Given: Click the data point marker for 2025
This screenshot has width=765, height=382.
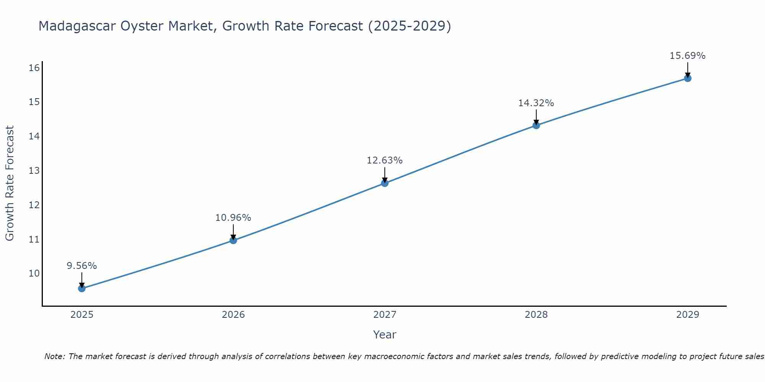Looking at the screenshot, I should click(82, 288).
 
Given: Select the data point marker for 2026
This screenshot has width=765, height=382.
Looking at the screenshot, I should click(233, 240).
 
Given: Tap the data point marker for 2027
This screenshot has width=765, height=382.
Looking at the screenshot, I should click(385, 183).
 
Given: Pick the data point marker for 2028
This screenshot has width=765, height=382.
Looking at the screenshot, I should click(536, 125).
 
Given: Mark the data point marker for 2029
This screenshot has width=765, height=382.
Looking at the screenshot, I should click(688, 78).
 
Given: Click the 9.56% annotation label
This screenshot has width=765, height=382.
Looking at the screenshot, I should click(82, 266).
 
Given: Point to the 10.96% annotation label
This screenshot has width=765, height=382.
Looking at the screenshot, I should click(233, 218).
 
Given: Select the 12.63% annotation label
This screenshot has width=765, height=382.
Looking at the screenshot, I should click(385, 160).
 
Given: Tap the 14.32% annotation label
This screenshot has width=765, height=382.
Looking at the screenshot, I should click(536, 103).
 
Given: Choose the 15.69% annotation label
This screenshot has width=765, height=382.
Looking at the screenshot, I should click(688, 56).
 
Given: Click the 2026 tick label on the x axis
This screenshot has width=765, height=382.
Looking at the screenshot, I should click(233, 315).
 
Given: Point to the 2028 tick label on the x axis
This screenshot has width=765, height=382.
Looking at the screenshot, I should click(536, 315).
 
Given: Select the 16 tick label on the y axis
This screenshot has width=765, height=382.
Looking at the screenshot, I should click(34, 68).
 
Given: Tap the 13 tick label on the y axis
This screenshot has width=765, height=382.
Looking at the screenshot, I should click(34, 170).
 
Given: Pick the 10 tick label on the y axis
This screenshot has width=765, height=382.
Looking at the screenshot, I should click(34, 273).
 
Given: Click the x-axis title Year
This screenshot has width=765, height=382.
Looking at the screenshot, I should click(385, 335).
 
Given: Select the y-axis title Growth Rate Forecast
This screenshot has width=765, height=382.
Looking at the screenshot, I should click(10, 183).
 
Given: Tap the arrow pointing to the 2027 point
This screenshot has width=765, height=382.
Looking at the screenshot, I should click(385, 175).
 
